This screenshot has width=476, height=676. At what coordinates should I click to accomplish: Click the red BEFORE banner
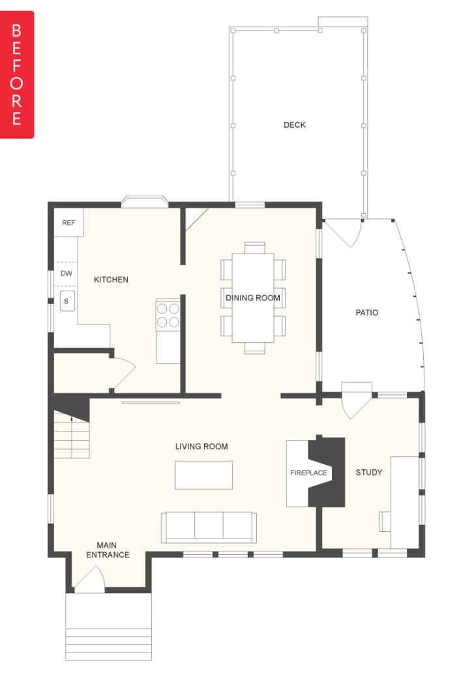(x=17, y=74)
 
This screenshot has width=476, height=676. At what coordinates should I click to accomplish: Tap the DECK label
(x=295, y=125)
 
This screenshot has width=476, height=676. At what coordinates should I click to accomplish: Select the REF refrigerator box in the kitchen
(x=68, y=222)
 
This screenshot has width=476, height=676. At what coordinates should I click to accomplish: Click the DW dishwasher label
(x=67, y=273)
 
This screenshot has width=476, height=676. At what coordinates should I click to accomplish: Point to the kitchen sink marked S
(x=67, y=301)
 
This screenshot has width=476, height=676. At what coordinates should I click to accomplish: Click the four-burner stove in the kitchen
(x=168, y=315)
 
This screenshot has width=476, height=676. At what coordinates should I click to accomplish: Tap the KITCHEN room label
(x=111, y=280)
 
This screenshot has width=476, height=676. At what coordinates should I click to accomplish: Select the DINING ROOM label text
(x=252, y=298)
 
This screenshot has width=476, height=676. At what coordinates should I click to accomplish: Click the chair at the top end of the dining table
(x=254, y=248)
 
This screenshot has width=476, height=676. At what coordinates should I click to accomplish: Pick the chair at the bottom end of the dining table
(x=254, y=348)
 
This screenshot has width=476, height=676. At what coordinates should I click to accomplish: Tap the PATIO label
(x=367, y=312)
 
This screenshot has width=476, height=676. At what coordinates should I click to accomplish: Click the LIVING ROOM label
(x=201, y=447)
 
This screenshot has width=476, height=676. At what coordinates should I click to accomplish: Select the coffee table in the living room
(x=203, y=475)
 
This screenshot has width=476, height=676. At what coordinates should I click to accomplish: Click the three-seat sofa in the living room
(x=209, y=527)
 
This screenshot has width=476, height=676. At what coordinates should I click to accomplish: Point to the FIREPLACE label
(x=308, y=473)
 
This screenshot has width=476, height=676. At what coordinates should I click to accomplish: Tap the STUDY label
(x=368, y=473)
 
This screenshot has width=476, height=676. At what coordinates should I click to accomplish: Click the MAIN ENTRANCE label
(x=108, y=550)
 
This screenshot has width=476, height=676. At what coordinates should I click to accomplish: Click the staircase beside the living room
(x=72, y=435)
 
